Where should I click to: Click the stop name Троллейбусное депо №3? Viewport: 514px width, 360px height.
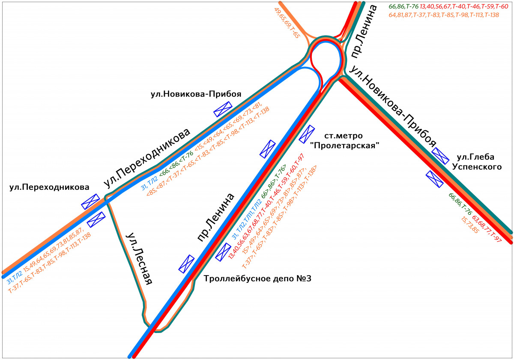point(257,279)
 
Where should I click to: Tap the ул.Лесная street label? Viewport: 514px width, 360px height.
point(140,259)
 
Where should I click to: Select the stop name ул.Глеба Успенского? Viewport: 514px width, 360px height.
point(477,162)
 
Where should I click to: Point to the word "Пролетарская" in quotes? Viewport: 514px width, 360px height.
point(344,145)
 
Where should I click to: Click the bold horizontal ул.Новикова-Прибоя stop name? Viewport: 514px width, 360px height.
point(196,94)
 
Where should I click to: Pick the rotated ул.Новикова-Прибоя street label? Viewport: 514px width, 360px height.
point(392,107)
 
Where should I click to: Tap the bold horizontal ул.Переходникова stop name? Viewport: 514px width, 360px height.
point(49,187)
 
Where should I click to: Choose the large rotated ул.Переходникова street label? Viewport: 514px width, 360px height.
point(147,158)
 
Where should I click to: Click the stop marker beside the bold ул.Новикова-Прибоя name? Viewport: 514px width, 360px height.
point(223,109)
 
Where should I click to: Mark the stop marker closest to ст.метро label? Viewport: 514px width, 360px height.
point(307,134)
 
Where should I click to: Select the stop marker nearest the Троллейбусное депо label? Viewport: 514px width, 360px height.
point(223,252)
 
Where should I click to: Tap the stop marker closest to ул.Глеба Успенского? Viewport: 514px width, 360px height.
point(440,156)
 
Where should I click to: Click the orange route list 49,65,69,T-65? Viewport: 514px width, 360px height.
point(287,23)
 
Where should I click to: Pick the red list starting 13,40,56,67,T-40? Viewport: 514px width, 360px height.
point(464,6)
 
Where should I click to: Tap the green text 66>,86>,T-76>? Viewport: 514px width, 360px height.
point(274,181)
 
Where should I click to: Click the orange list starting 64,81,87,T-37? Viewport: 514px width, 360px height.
point(444,15)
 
